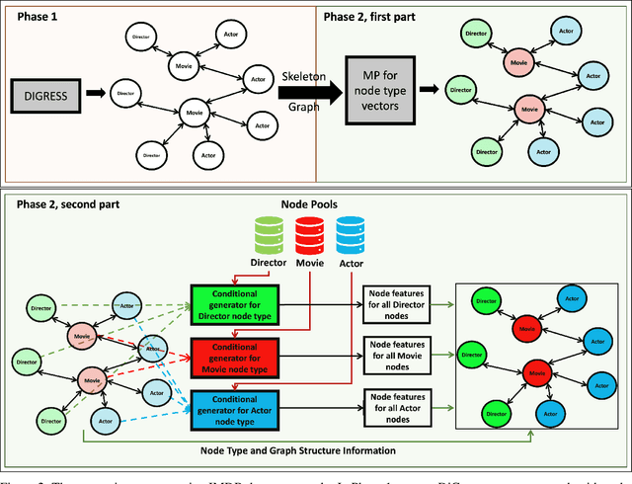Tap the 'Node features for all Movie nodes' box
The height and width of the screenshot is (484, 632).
[401, 352]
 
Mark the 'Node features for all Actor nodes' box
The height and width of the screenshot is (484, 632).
[401, 406]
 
